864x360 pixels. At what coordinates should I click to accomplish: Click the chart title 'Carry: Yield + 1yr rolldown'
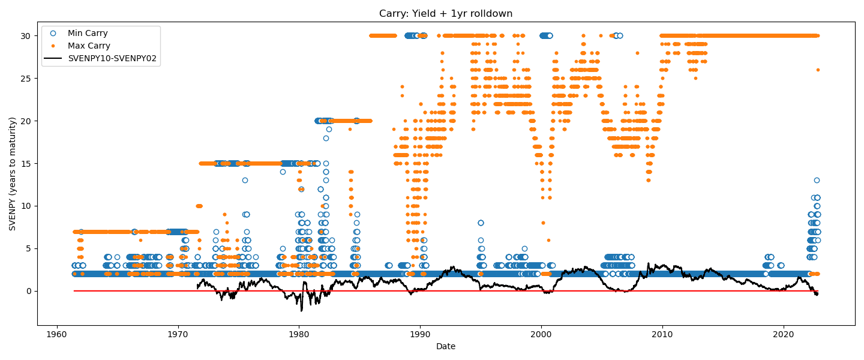(445, 13)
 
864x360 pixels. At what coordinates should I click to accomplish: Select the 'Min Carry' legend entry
(88, 33)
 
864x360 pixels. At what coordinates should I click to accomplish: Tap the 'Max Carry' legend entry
(89, 46)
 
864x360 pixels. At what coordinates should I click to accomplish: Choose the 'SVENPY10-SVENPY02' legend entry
(112, 58)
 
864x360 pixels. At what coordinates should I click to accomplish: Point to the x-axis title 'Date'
(445, 346)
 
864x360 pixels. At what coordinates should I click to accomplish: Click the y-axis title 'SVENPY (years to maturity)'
(13, 174)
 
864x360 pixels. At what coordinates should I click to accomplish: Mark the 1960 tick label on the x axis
(57, 334)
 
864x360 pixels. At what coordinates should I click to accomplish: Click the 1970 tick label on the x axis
(178, 334)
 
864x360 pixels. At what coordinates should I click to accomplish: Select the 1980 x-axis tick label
(299, 334)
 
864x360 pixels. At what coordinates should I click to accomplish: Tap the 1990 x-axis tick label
(420, 334)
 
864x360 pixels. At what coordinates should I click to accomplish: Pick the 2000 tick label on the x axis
(541, 334)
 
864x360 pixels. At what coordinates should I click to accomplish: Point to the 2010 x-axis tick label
(662, 334)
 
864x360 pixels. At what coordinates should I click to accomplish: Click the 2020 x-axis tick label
(784, 334)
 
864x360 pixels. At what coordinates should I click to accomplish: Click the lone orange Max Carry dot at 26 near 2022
(817, 70)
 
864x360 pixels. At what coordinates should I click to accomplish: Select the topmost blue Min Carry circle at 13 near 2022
(817, 180)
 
